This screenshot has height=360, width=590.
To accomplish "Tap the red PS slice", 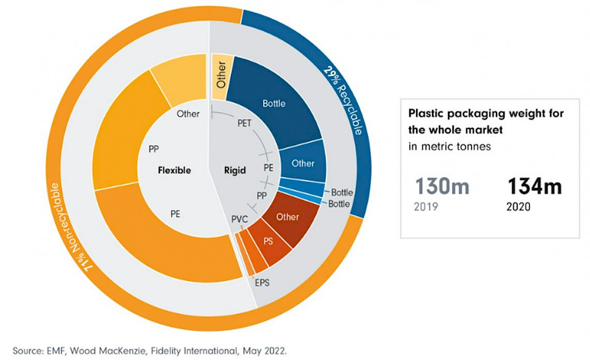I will click(269, 241).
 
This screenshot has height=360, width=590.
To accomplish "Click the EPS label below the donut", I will click(262, 283).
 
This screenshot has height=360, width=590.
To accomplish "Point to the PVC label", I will click(240, 218).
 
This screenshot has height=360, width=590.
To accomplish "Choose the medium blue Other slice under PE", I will click(302, 163).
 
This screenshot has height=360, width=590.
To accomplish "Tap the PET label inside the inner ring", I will click(244, 123).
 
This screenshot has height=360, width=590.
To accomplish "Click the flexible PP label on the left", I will click(154, 148).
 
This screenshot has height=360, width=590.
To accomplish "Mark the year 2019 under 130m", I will click(427, 206).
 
